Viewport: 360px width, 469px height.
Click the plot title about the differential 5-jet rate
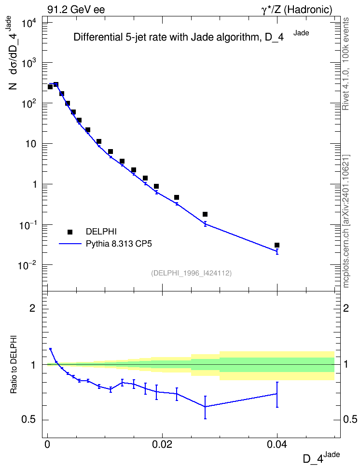click(191, 37)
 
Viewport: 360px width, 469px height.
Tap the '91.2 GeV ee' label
click(76, 10)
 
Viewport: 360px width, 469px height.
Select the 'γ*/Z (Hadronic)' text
click(297, 10)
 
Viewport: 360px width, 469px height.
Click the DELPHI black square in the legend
click(70, 232)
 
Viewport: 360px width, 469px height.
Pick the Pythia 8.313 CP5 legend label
click(119, 244)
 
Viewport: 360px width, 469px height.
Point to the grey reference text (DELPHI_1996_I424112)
click(192, 273)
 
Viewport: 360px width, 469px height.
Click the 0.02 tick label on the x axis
click(162, 444)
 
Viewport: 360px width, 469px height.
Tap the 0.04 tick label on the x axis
click(277, 444)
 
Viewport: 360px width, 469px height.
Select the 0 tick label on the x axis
click(47, 444)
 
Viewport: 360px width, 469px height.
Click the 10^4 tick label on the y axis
click(29, 23)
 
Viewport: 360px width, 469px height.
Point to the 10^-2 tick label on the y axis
click(28, 265)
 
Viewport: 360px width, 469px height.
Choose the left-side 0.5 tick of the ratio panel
click(28, 420)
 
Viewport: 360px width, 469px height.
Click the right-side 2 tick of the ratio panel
click(346, 308)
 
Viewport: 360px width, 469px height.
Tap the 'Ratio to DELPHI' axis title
click(14, 364)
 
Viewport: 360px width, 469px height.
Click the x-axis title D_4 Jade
click(321, 458)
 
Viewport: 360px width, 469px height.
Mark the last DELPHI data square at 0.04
click(277, 245)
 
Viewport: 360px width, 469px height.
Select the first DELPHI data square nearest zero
click(50, 87)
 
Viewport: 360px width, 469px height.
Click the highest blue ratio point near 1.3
click(51, 349)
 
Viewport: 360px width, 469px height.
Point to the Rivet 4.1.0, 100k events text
click(346, 64)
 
